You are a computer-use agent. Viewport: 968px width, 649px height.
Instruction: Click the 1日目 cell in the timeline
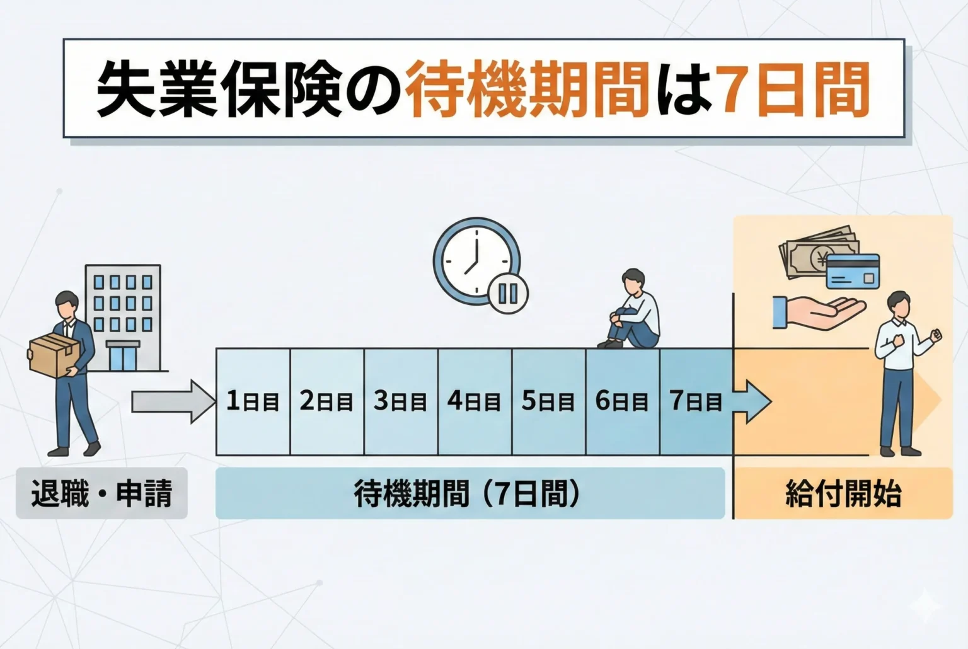[x=253, y=401]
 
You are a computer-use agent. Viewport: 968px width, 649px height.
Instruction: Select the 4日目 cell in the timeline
[x=475, y=401]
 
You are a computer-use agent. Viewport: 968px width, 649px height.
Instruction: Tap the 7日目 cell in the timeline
[x=696, y=401]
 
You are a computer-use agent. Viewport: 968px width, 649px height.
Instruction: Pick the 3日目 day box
[x=401, y=401]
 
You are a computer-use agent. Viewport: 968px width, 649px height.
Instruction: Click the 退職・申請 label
[x=101, y=493]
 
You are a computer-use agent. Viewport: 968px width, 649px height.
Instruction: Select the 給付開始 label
[x=843, y=493]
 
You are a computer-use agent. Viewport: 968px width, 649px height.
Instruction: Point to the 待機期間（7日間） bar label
[x=470, y=493]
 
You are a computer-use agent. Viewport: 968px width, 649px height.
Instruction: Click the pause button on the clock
[x=508, y=293]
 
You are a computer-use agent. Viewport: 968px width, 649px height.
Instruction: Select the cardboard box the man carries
[x=53, y=354]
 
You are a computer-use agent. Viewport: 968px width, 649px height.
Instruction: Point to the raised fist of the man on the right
[x=935, y=335]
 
